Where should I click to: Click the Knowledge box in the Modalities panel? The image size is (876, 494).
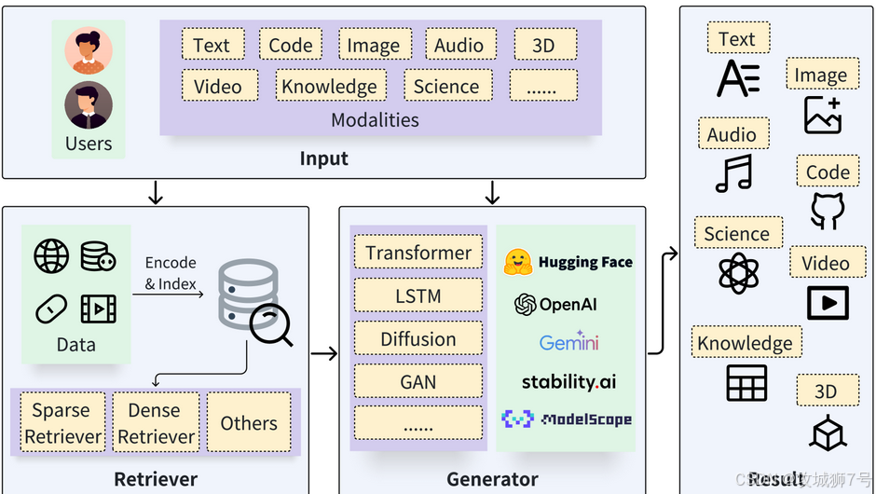click(330, 87)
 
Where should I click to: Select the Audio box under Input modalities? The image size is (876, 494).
click(459, 45)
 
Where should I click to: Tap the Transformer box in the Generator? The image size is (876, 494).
click(418, 253)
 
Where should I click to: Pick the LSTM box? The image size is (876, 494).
click(418, 296)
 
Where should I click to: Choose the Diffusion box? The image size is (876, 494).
click(418, 339)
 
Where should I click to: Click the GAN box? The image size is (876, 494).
click(418, 382)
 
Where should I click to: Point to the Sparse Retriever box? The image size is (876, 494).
click(62, 423)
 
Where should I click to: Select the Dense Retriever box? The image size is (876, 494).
click(156, 423)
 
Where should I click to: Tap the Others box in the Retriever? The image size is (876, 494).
click(249, 423)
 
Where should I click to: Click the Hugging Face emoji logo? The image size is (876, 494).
click(518, 262)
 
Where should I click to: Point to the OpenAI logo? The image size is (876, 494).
click(526, 305)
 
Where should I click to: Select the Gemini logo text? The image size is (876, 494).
click(568, 342)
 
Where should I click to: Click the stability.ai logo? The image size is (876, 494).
click(568, 381)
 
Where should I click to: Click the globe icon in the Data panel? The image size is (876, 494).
click(51, 256)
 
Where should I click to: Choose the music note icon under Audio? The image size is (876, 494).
click(733, 173)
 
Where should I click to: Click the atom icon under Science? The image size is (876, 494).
click(738, 273)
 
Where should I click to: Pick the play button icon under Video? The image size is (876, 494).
click(827, 303)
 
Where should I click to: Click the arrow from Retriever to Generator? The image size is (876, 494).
click(323, 353)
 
